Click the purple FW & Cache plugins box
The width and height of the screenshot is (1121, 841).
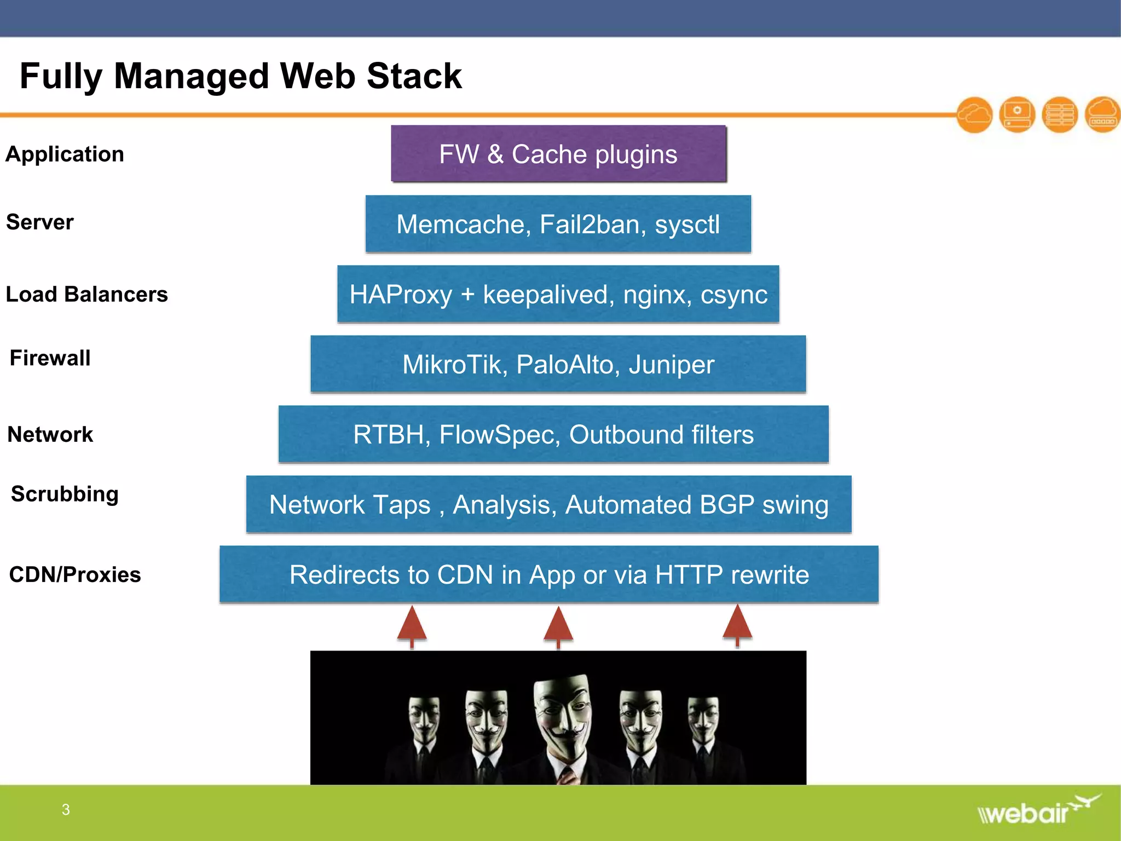[x=558, y=154]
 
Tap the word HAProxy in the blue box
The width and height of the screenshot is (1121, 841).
[x=401, y=295]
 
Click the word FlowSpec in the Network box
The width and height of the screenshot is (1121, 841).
[x=500, y=435]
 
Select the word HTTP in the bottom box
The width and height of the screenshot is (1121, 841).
[x=689, y=575]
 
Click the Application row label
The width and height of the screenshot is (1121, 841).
[x=65, y=154]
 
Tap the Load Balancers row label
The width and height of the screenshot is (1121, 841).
[x=86, y=295]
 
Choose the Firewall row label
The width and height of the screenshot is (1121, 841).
[x=50, y=358]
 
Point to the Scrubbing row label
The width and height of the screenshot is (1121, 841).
[x=65, y=494]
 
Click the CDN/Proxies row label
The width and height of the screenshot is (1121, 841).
[x=75, y=575]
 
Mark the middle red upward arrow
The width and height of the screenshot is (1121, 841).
[x=558, y=626]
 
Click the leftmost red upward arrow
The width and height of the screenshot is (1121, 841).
[x=412, y=626]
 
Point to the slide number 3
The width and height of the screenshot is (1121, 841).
[x=66, y=810]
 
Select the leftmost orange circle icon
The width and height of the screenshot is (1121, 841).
[x=974, y=115]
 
